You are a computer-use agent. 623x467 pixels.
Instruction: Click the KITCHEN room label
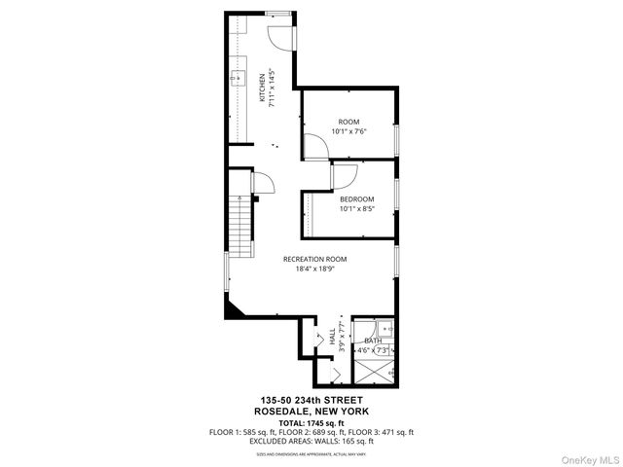[x=261, y=89]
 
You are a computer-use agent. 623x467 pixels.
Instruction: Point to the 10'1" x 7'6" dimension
[x=348, y=131]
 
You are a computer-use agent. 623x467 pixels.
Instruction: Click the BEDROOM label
[x=356, y=199]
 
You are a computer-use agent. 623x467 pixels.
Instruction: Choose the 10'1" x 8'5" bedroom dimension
[x=356, y=208]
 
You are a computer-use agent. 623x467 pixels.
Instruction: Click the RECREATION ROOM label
[x=314, y=259]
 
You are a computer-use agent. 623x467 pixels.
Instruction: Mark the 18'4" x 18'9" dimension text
[x=314, y=269]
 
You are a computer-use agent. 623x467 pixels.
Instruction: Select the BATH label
[x=373, y=341]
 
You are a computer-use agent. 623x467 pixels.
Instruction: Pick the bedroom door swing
[x=345, y=176]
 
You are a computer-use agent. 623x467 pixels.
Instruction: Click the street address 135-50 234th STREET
[x=311, y=401]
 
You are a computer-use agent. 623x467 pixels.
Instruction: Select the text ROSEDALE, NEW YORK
[x=311, y=411]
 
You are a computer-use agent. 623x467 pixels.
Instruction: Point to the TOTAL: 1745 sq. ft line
[x=311, y=422]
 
